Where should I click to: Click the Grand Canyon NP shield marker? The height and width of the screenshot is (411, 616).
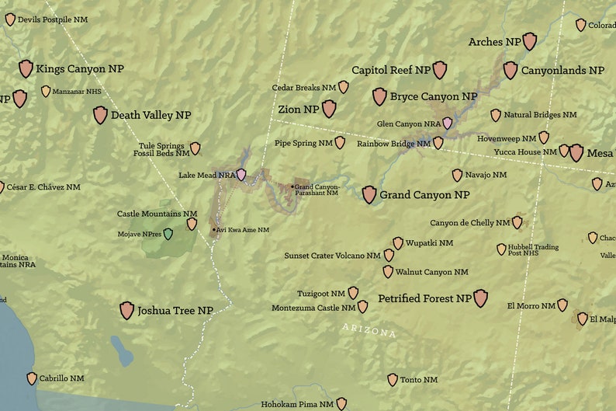pos(369,194)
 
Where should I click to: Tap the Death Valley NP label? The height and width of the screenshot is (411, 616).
pos(151,115)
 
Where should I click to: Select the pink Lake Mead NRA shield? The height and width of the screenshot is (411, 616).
pos(242,175)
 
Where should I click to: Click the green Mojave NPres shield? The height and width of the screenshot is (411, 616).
pos(168,233)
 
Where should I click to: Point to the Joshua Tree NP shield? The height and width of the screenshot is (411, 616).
pos(127,311)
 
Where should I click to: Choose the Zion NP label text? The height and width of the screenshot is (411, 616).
pos(299,110)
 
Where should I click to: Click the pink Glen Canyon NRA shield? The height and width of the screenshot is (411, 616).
pos(448,123)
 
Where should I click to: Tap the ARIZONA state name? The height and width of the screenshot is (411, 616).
pos(369,331)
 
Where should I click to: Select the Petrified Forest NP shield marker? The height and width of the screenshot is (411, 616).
pos(481,298)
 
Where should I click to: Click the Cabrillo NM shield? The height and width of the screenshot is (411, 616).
pos(32,378)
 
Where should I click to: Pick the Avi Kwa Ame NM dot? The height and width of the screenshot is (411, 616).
pos(213,229)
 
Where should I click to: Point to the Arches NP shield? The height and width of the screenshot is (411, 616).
pos(530,41)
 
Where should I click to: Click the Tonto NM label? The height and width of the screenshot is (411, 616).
pos(419,380)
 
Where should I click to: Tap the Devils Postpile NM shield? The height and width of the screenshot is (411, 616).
pos(10,19)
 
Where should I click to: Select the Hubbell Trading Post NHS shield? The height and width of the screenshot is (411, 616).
pos(501,249)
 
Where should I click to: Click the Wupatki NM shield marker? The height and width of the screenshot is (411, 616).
pos(398,243)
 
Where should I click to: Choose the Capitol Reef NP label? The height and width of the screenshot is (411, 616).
pos(391,70)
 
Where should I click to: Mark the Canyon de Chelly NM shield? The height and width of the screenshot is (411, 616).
pos(517,223)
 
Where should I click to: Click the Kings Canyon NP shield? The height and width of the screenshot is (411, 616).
pos(26,68)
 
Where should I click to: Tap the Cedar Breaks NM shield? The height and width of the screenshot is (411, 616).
pos(344,87)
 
